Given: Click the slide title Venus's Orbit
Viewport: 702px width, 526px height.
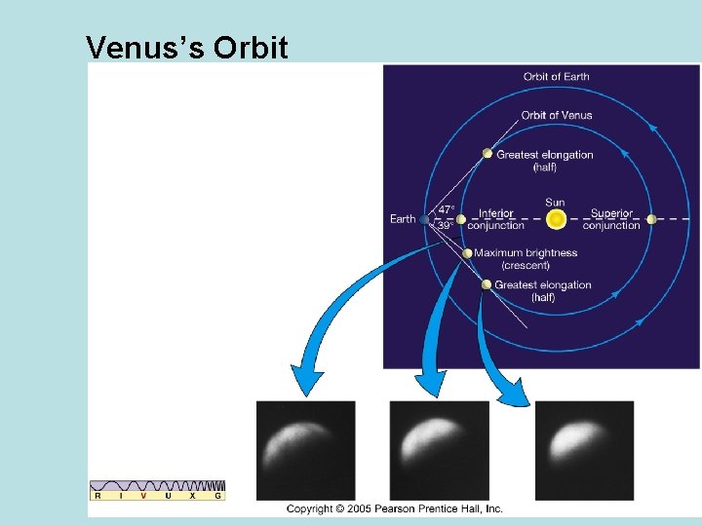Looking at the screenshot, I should coord(186,46).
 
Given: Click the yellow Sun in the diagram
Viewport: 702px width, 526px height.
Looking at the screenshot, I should coord(556,219).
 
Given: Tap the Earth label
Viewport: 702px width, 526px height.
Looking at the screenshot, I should coord(402,219).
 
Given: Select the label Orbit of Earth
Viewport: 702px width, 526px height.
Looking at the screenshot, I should coord(556,77).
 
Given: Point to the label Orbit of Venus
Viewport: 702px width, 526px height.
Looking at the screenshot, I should coord(556,115).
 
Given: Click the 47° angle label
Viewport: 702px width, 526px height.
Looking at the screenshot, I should coord(446,209).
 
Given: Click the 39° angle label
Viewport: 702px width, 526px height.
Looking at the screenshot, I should coord(446,226).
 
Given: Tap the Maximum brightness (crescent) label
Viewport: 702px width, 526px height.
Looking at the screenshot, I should coord(525,259).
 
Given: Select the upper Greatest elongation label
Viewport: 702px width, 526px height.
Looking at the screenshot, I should coord(544,161).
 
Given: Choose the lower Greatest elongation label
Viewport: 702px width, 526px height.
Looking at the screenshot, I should coord(542,291).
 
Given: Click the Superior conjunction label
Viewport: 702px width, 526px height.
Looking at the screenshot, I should coord(611,219).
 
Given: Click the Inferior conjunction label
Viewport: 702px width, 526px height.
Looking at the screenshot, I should coord(496,219).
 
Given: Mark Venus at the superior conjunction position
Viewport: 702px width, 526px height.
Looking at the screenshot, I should coord(650,219).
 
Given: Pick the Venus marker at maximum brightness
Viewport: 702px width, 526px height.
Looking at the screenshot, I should coord(467,253).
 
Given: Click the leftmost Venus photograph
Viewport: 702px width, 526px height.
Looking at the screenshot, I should coord(305,450).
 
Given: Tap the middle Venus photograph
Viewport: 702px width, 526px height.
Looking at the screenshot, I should coord(439,450).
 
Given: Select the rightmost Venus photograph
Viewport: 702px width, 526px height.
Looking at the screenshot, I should coord(584,450).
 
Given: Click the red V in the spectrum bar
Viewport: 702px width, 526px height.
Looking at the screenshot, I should coord(143,496).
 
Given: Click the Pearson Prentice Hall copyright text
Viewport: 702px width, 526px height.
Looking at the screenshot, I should coord(394,508).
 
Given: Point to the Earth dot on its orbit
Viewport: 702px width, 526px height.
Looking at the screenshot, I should coord(424,219).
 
